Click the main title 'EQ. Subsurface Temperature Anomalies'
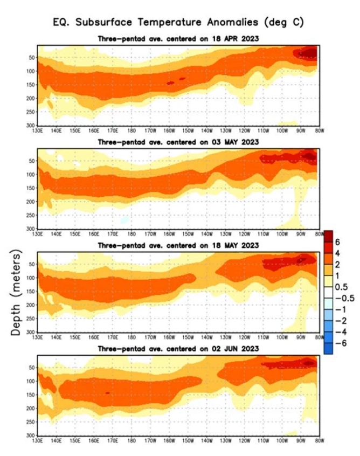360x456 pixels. (178, 23)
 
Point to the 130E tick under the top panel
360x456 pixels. (37, 129)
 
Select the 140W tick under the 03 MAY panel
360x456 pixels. (206, 233)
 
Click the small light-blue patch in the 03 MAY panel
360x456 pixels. (125, 219)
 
